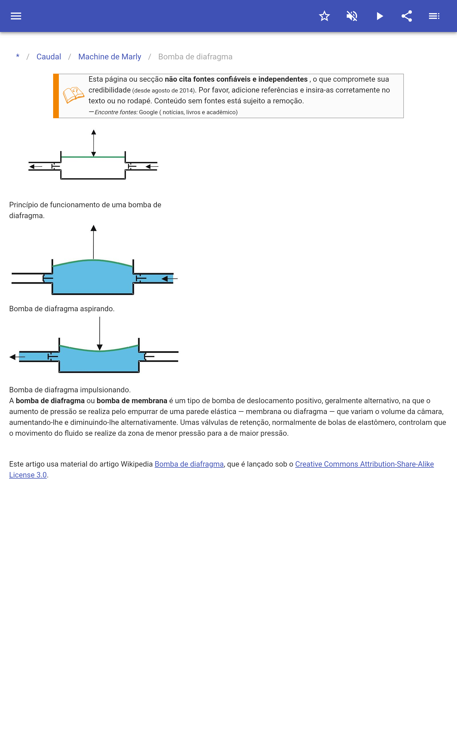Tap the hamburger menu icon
(16, 16)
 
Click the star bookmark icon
(324, 16)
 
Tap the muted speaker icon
(352, 16)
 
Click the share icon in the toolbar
(407, 16)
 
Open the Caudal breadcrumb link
(49, 57)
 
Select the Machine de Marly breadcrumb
(110, 57)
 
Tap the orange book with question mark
(73, 95)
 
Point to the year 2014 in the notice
(186, 91)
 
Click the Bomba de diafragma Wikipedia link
(189, 464)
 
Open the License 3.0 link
(28, 475)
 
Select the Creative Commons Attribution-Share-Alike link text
(364, 464)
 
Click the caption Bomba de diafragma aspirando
(62, 309)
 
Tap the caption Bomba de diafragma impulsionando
(70, 390)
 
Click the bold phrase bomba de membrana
(132, 401)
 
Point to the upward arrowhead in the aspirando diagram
(94, 228)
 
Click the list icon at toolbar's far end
(434, 16)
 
